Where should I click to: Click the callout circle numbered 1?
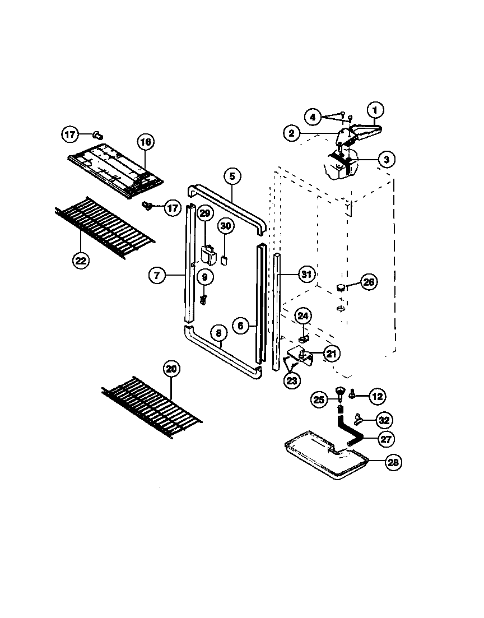(x=375, y=109)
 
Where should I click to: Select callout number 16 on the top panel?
(x=145, y=142)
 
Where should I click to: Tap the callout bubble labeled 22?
(x=81, y=260)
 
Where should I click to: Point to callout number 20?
(x=171, y=369)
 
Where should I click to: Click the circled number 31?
(x=306, y=275)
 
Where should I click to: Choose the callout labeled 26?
(x=368, y=282)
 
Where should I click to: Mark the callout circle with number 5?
(x=233, y=176)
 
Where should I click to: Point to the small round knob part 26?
(x=340, y=287)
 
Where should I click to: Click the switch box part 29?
(x=209, y=255)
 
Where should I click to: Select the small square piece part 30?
(x=224, y=259)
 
